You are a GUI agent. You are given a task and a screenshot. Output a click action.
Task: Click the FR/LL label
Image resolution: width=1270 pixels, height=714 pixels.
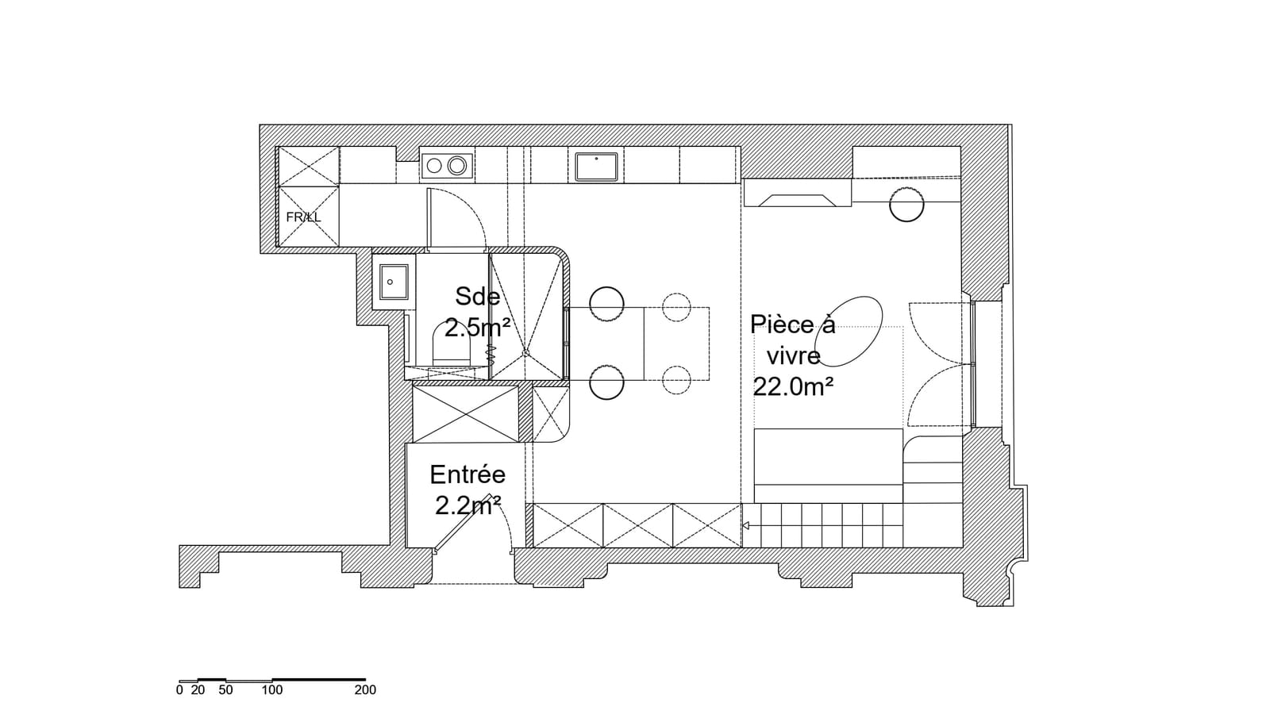click(303, 217)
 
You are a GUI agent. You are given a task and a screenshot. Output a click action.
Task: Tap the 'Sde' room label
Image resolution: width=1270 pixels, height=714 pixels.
click(477, 297)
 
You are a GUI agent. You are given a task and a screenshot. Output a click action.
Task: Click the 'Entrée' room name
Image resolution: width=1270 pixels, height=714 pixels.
click(468, 475)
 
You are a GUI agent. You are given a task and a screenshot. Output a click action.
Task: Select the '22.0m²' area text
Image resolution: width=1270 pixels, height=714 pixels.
click(793, 387)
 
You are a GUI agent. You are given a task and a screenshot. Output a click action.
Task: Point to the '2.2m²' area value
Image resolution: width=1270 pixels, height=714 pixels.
click(468, 506)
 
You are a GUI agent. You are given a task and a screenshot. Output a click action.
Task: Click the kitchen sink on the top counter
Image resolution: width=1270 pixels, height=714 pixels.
click(596, 167)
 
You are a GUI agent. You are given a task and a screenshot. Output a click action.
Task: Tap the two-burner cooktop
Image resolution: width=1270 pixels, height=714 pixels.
click(447, 166)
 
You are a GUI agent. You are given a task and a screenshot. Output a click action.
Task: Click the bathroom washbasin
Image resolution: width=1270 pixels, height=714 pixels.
click(394, 282)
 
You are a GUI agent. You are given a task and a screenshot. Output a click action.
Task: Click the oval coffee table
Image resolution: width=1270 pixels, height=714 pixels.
click(849, 332)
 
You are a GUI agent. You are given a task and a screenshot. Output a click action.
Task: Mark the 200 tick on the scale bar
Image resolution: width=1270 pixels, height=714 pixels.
click(365, 679)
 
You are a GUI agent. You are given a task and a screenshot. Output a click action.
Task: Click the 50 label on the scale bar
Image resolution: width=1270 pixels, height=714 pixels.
click(225, 690)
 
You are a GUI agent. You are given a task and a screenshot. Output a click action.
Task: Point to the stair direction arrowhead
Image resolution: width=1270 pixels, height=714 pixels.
click(745, 526)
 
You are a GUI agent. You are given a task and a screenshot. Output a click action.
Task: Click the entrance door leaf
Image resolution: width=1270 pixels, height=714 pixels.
click(461, 523)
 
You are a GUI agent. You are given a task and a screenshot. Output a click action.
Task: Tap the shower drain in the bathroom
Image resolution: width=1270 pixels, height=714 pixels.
click(525, 353)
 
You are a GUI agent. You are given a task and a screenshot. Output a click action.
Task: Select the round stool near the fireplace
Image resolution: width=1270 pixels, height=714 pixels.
click(906, 204)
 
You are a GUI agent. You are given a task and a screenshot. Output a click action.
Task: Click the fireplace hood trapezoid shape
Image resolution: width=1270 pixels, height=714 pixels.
click(797, 201)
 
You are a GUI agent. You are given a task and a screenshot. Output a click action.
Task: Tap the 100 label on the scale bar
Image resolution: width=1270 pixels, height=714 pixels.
click(272, 690)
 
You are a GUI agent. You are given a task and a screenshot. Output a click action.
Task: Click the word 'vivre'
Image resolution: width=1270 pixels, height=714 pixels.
click(794, 356)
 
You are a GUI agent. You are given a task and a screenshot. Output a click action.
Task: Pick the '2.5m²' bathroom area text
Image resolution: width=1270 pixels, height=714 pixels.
click(477, 328)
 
